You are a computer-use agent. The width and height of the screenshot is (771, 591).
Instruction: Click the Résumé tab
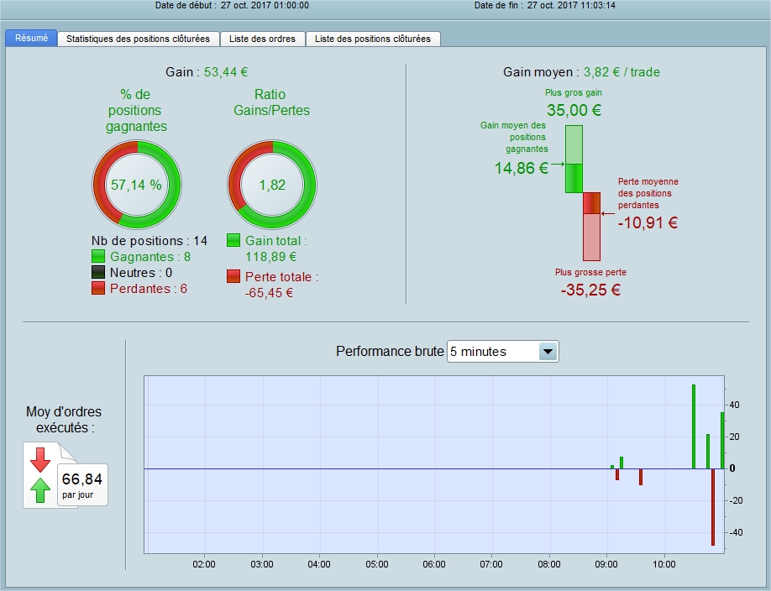(x=31, y=39)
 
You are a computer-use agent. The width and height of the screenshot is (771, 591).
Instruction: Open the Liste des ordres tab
(x=263, y=39)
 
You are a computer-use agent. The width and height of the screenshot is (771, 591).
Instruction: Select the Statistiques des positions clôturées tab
(x=139, y=39)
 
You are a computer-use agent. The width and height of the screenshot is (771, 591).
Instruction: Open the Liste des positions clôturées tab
(x=373, y=39)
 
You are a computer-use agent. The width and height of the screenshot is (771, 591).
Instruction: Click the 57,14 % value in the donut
(x=136, y=185)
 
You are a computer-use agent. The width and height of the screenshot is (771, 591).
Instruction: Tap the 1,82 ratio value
(x=272, y=185)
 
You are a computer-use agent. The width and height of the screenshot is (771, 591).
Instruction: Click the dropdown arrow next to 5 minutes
(x=548, y=352)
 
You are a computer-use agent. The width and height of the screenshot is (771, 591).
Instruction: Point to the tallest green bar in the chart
(x=694, y=426)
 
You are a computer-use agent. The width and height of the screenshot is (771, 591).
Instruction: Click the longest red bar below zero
(x=713, y=507)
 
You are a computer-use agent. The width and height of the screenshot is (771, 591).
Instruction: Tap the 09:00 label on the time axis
(x=606, y=564)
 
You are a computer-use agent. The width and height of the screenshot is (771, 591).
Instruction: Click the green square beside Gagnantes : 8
(x=98, y=256)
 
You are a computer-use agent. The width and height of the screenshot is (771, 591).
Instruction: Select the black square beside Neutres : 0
(x=98, y=272)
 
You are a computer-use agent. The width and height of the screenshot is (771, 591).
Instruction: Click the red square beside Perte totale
(x=233, y=276)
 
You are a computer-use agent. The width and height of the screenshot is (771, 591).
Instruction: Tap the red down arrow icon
(x=40, y=460)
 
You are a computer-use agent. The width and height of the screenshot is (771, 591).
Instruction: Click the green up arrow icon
(x=40, y=490)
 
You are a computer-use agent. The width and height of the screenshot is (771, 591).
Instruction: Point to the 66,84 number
(x=82, y=479)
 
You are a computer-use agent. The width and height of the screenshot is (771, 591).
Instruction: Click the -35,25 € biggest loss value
(x=590, y=290)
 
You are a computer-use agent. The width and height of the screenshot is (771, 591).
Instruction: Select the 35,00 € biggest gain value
(x=574, y=110)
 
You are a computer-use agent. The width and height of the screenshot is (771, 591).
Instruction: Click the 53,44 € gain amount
(x=226, y=72)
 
